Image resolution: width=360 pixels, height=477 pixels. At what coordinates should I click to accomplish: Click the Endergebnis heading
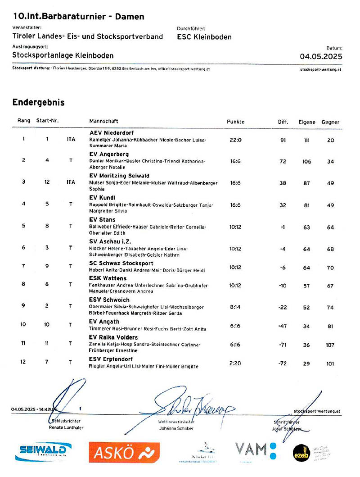click(38, 103)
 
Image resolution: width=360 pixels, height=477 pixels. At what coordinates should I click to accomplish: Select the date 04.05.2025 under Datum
click(321, 57)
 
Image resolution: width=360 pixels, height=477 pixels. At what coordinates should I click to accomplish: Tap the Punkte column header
click(235, 122)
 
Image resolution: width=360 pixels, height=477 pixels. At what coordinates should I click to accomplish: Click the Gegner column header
click(330, 122)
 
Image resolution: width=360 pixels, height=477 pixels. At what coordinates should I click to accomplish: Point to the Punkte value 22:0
click(235, 140)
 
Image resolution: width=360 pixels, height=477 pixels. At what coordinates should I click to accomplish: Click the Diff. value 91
click(283, 140)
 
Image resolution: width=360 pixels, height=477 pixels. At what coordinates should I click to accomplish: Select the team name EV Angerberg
click(109, 154)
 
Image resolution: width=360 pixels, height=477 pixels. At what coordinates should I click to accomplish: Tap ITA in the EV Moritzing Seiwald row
click(71, 182)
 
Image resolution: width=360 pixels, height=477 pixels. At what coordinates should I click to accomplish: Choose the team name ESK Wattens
click(108, 278)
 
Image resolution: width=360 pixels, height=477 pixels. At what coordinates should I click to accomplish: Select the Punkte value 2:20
click(235, 363)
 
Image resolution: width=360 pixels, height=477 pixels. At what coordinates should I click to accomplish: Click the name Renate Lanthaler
click(66, 427)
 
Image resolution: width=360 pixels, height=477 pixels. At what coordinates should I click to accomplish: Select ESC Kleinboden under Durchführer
click(204, 37)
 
